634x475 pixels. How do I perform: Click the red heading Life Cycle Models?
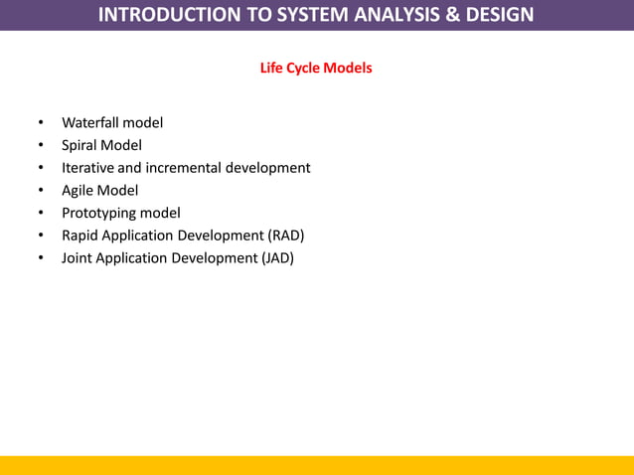[316, 69]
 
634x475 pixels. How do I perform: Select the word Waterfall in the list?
[89, 123]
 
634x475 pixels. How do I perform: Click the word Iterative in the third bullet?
[87, 168]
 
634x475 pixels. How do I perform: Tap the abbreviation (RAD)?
[286, 236]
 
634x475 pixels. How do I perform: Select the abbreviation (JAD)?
[277, 257]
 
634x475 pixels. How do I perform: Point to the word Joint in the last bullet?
[79, 257]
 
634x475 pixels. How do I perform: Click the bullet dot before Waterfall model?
[41, 123]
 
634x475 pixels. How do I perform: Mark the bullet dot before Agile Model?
[41, 190]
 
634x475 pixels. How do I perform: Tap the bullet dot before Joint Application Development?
[41, 257]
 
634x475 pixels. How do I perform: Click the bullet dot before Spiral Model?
[41, 145]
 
